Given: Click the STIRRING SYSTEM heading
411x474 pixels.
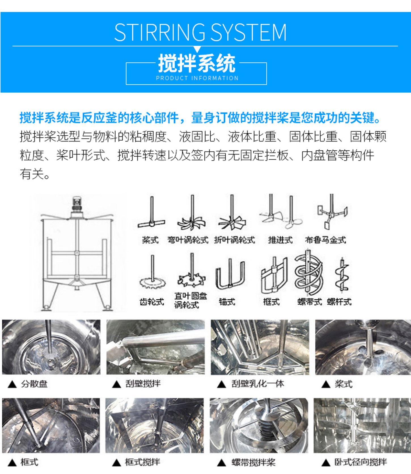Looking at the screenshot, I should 200,32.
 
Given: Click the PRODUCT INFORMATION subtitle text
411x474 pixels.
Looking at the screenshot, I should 197,78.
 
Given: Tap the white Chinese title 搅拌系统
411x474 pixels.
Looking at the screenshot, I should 196,64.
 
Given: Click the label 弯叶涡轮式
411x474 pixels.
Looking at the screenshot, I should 188,240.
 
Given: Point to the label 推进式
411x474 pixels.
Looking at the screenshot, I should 280,240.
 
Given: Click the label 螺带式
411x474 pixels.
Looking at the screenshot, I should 310,302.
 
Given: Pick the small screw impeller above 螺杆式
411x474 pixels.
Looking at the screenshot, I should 342,275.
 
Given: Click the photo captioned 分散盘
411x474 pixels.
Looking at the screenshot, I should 51,347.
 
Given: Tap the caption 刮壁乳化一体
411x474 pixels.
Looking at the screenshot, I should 257,384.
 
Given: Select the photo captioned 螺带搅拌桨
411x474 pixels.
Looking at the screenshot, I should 259,425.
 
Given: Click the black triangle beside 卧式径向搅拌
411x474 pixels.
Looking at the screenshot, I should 326,463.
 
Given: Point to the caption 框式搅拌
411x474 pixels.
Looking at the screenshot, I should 142,462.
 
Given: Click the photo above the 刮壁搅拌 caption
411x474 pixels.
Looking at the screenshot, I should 155,347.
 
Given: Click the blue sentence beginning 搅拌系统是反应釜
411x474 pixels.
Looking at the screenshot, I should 200,118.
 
